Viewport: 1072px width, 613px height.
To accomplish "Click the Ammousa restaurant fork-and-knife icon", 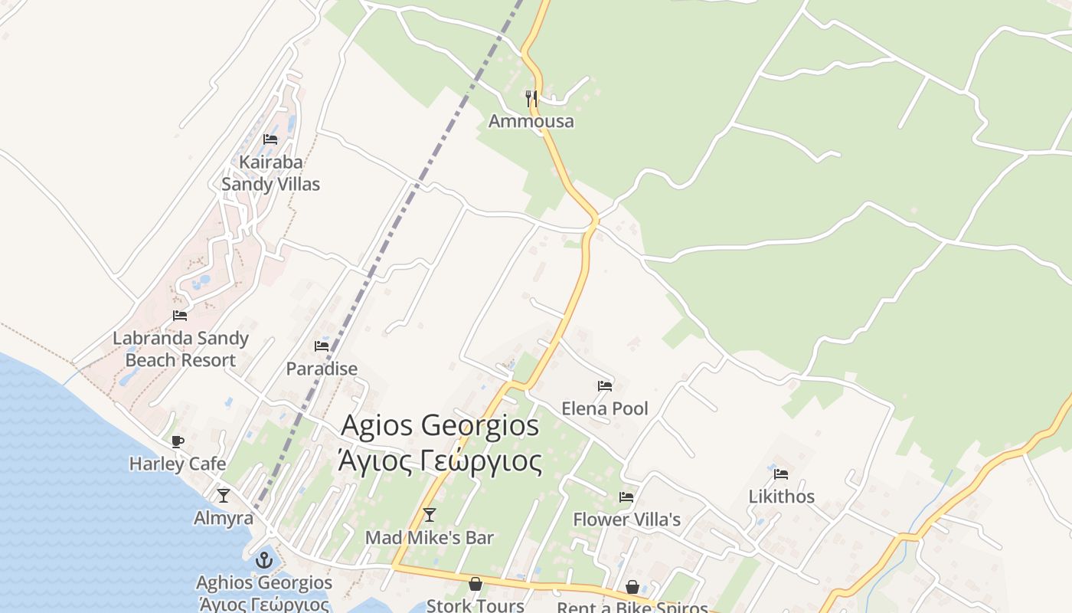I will click(531, 98).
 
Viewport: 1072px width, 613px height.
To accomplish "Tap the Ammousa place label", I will click(531, 121).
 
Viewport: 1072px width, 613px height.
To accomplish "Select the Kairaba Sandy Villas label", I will click(270, 173).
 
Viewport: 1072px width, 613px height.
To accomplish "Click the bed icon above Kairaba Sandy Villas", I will click(270, 139).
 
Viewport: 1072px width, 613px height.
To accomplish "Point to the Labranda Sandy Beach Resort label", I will click(180, 349).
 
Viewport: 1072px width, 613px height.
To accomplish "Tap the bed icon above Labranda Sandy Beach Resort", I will click(180, 315).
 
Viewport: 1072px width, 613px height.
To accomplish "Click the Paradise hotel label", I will click(322, 369).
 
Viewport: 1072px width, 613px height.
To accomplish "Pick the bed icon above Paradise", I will click(322, 346).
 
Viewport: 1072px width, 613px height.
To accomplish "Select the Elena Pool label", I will click(605, 408).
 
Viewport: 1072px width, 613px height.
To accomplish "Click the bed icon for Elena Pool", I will click(605, 385).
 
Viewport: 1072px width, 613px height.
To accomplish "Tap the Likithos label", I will click(781, 497).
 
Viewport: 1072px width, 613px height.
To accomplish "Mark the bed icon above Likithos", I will click(781, 474).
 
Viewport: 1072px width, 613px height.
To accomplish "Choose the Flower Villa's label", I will click(626, 520).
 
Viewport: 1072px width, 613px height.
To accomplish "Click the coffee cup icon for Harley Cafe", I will click(178, 441).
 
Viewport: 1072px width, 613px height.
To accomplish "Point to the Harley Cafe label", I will click(178, 464).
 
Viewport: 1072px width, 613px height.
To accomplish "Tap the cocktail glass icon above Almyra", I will click(223, 496).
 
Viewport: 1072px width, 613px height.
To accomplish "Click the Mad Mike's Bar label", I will click(430, 538).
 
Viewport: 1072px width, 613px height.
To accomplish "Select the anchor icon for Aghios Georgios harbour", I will click(264, 560).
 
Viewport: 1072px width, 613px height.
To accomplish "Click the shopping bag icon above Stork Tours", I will click(476, 584).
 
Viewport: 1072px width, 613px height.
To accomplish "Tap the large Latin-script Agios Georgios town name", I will click(440, 425).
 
